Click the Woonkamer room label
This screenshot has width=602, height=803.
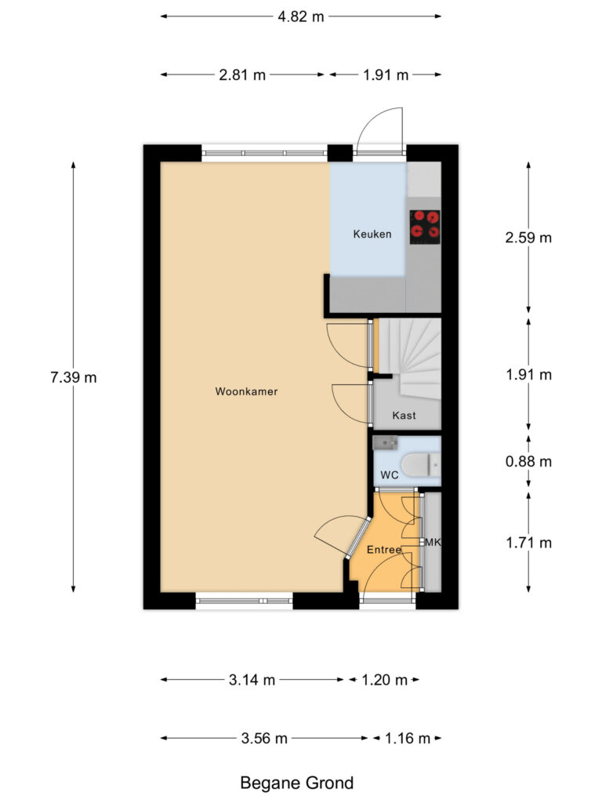[246, 391]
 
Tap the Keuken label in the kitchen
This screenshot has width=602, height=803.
[372, 234]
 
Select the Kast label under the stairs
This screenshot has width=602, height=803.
[404, 416]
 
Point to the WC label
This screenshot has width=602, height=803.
[390, 475]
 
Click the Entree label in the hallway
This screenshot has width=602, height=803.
[384, 550]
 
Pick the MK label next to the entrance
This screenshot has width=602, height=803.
[432, 543]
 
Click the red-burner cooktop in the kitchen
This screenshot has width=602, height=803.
[424, 225]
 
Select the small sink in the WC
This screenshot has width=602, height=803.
[386, 443]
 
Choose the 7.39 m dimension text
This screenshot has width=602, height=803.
[74, 377]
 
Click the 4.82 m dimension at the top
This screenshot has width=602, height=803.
[301, 16]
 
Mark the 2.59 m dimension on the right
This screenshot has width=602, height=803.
[528, 238]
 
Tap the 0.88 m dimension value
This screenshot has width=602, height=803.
[528, 462]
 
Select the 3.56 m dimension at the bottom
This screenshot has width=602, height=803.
[264, 738]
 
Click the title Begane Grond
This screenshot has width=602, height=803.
[297, 783]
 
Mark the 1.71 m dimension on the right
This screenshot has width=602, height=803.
[528, 543]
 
